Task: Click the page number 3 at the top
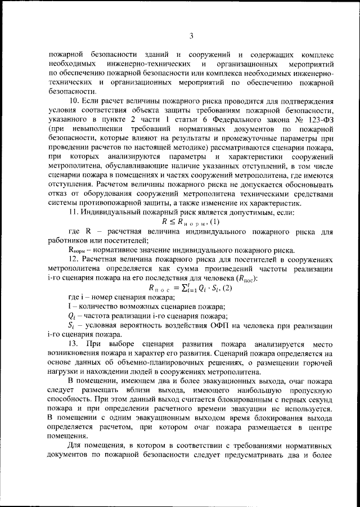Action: click(x=191, y=37)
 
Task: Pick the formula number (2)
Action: click(x=217, y=288)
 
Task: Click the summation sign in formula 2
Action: click(x=173, y=288)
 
